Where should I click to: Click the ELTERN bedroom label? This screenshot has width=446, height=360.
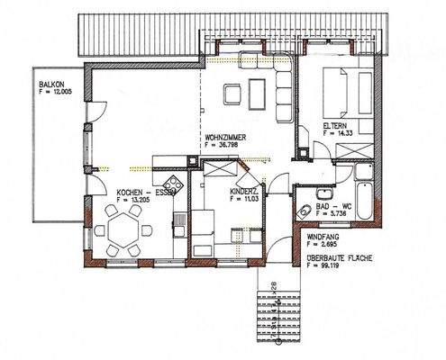(338, 125)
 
